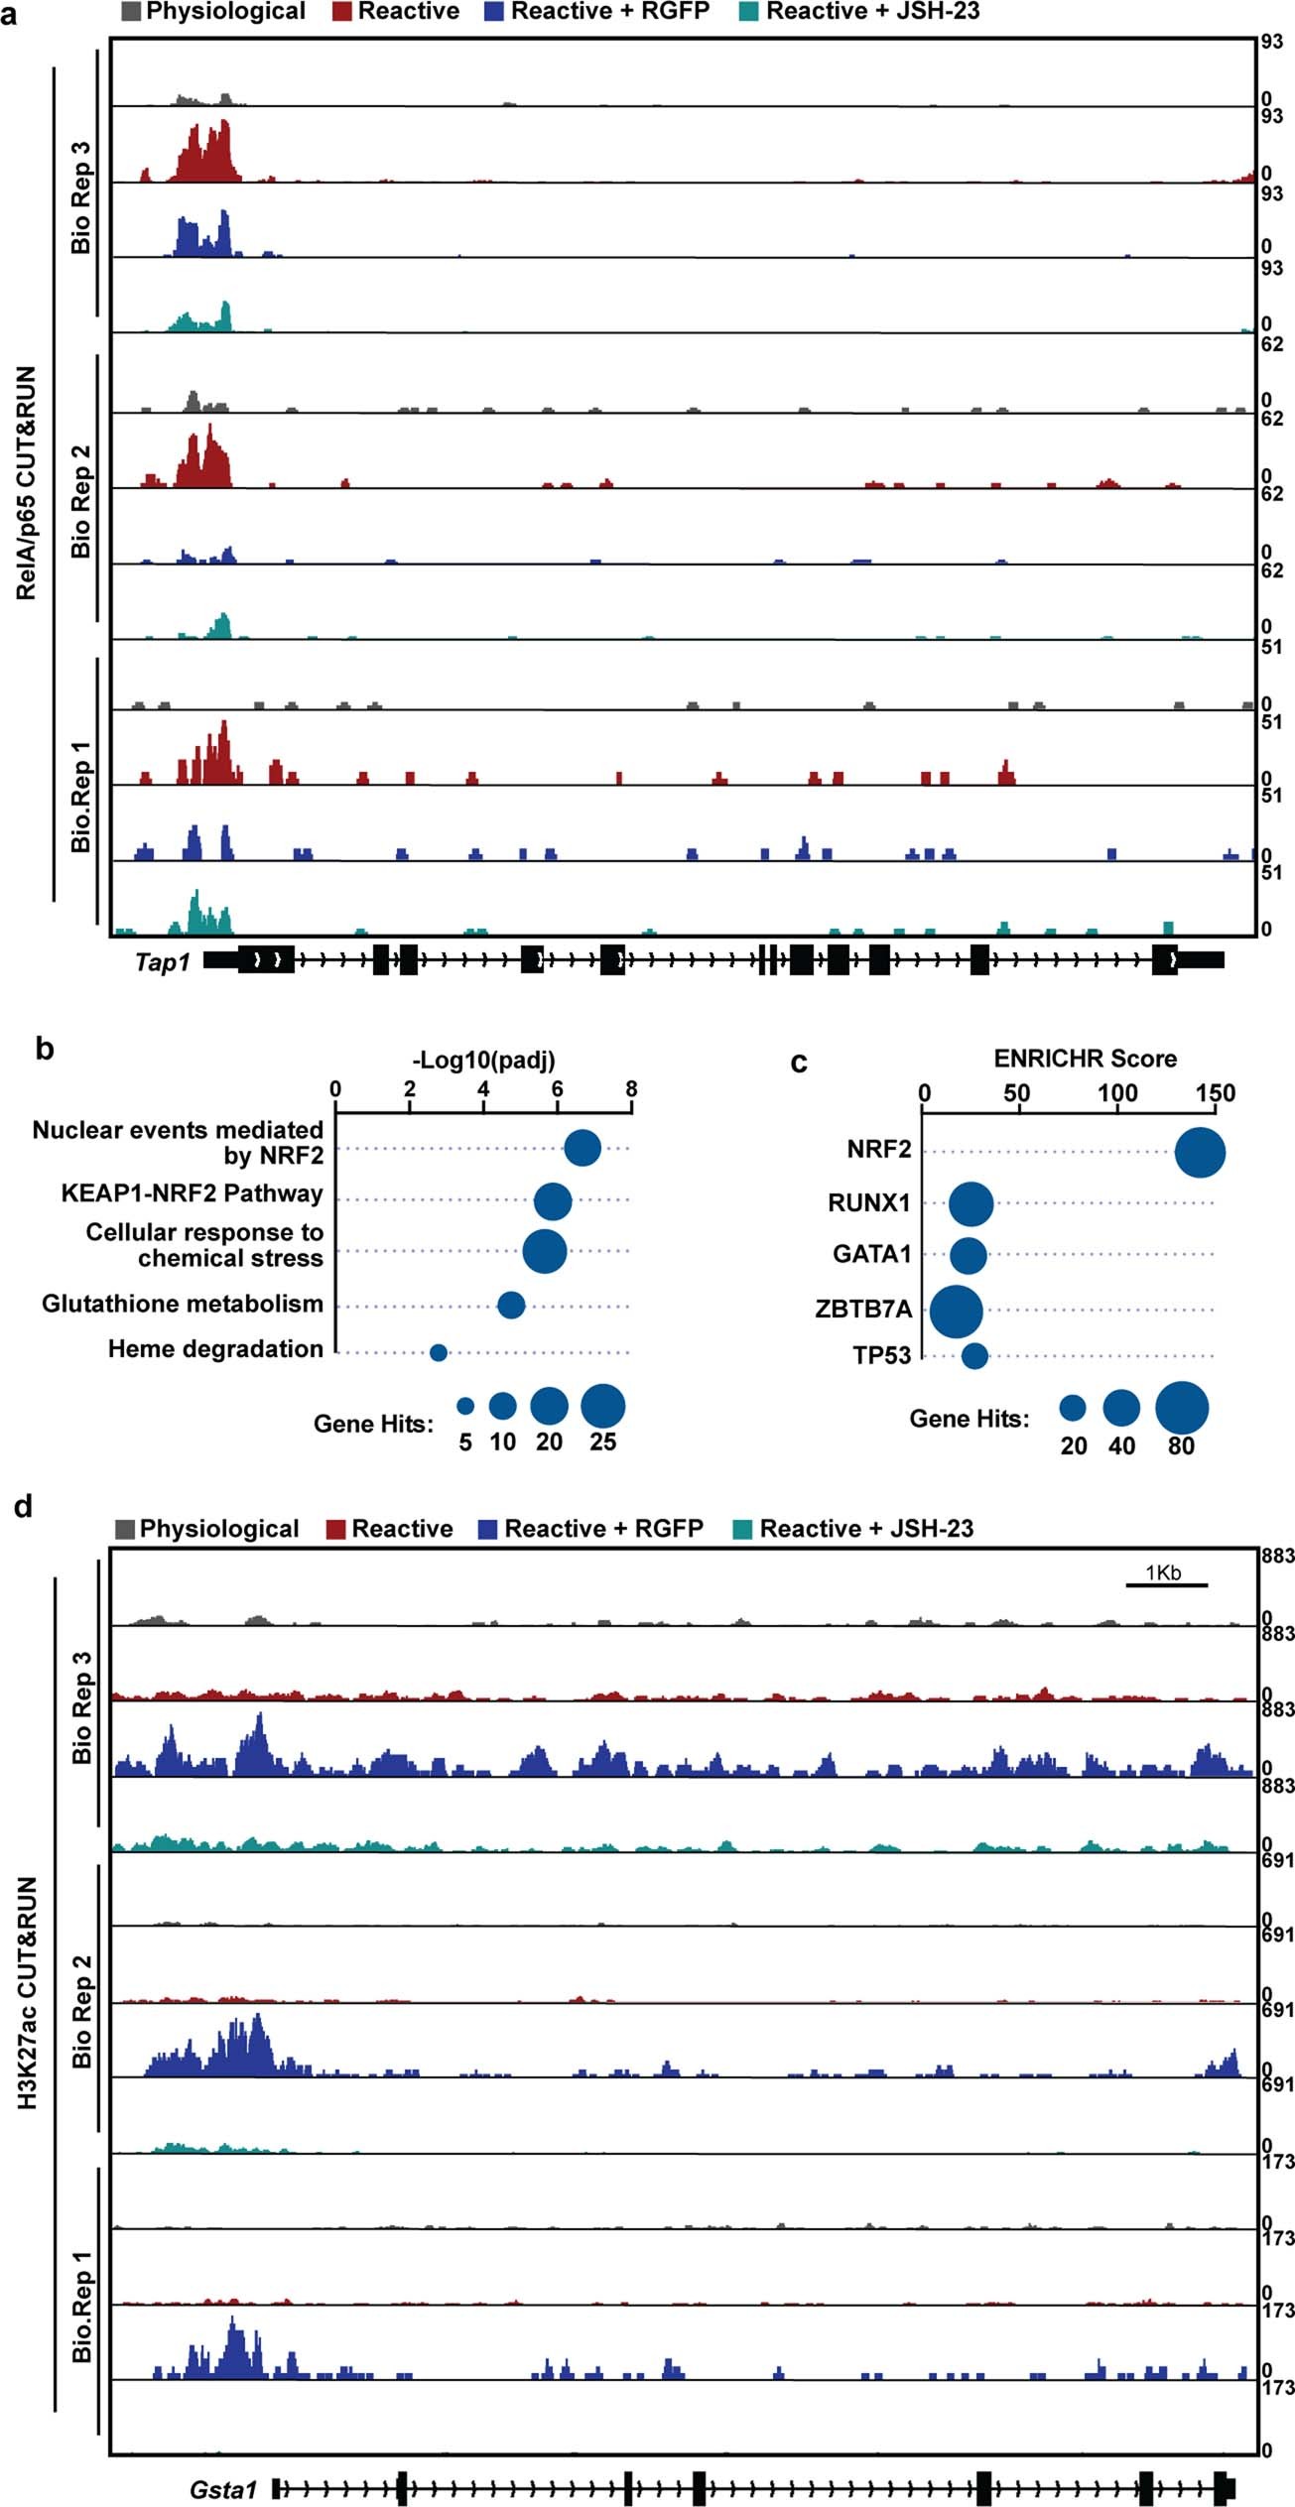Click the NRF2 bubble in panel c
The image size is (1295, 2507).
[1200, 1154]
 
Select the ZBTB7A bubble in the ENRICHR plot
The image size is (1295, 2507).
[957, 1311]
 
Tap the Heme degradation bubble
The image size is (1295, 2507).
[439, 1352]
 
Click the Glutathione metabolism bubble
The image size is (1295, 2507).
[511, 1306]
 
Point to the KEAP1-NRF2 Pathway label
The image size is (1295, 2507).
[193, 1193]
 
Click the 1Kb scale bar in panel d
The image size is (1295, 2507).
[1165, 1585]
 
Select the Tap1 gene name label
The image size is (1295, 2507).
[162, 962]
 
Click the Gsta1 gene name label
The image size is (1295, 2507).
[223, 2489]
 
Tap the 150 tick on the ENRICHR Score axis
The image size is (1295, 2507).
[1215, 1094]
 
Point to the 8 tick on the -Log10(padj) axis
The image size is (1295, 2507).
[631, 1089]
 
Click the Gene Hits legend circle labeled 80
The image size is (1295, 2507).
[1182, 1408]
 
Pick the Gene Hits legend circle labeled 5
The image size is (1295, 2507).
[465, 1406]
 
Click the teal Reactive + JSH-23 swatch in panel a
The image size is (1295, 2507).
[748, 12]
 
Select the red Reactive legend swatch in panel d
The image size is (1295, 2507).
[336, 1529]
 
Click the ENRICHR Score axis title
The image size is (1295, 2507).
[1085, 1059]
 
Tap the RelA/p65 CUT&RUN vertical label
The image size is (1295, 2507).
[26, 483]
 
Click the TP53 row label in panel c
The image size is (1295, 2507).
[881, 1355]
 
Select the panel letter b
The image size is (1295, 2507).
[45, 1049]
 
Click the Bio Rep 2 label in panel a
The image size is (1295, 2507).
[80, 500]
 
